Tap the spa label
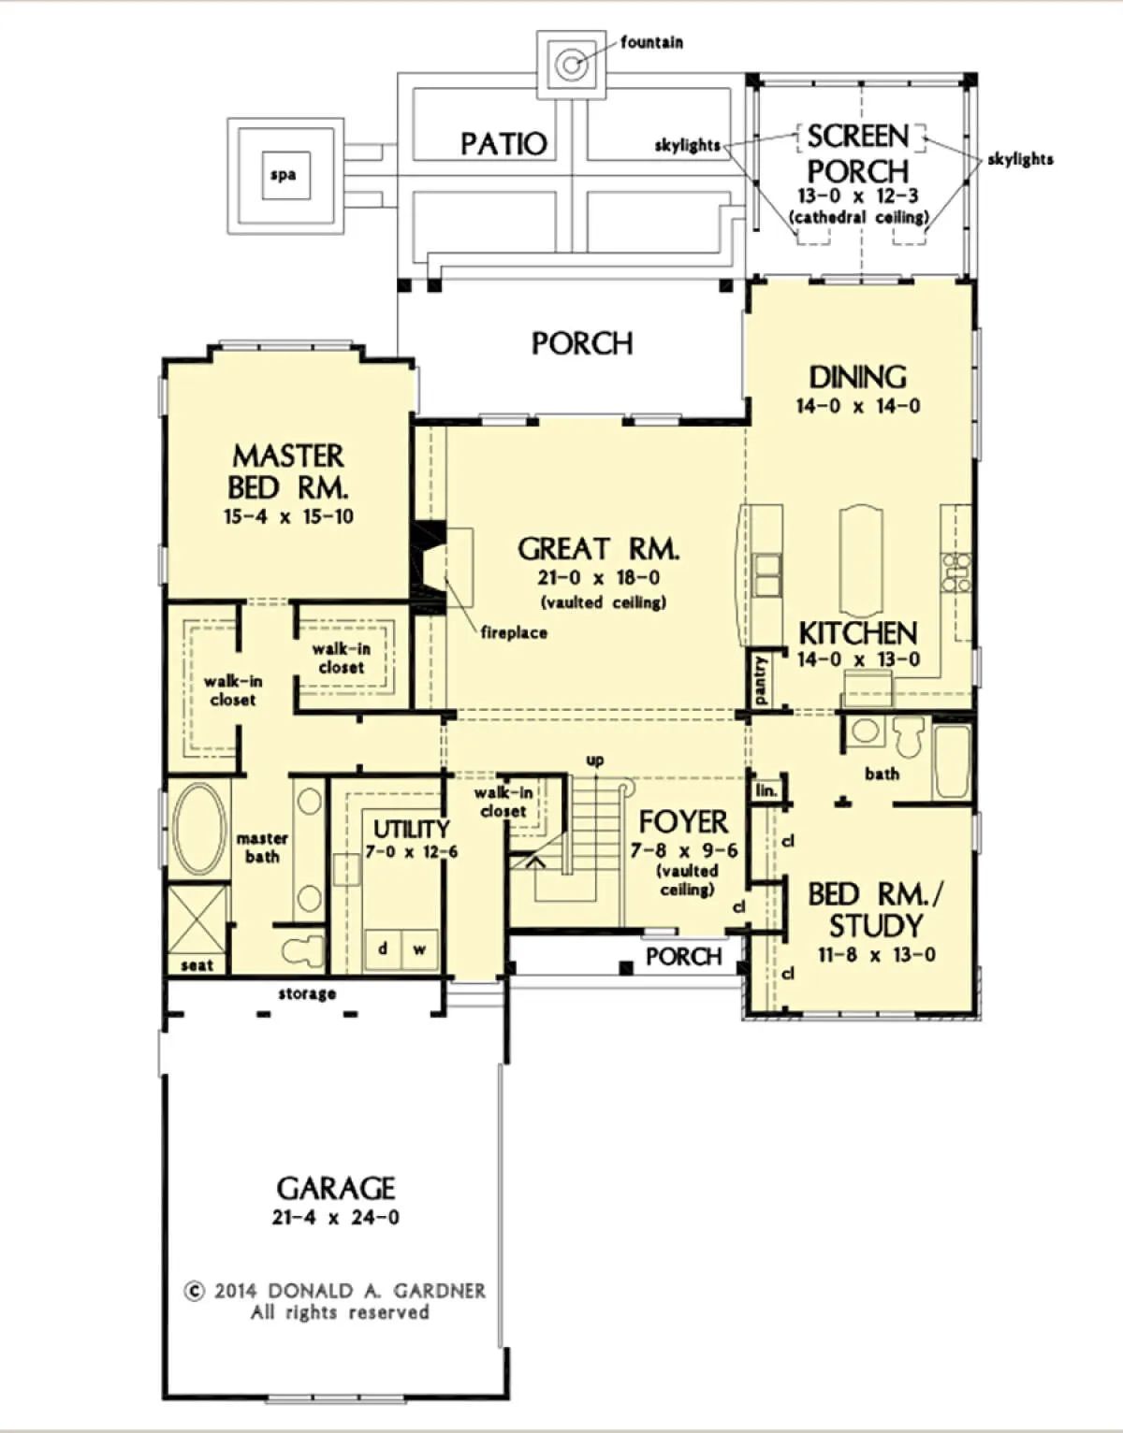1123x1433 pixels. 283,176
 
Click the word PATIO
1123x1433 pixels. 504,144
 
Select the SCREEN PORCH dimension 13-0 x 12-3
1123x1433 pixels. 858,195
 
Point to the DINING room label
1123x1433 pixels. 858,377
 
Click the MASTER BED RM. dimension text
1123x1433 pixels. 288,516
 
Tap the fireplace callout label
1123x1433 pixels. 514,633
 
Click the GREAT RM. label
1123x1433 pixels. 598,549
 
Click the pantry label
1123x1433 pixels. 761,680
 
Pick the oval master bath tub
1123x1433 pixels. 198,829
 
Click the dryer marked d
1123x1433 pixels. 383,949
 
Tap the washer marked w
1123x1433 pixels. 419,949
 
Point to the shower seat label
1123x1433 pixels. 197,965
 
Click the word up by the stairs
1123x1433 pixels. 595,760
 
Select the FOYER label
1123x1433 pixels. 683,822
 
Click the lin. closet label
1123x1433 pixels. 766,790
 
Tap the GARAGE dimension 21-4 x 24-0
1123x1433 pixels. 336,1217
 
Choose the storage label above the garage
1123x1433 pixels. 307,993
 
